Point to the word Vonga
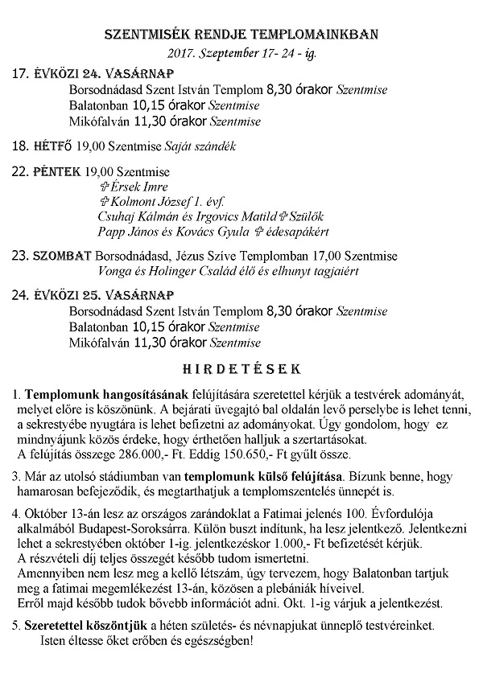[115, 271]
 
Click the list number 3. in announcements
[19, 475]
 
